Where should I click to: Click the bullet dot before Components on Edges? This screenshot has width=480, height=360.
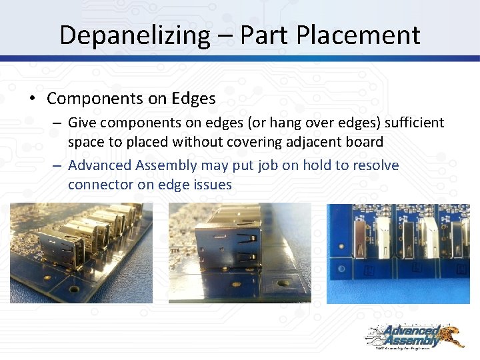pyautogui.click(x=31, y=99)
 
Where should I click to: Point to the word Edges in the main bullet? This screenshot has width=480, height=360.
pyautogui.click(x=193, y=99)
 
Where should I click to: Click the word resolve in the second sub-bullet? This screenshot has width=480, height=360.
pyautogui.click(x=375, y=165)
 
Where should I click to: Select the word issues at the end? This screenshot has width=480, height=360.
pyautogui.click(x=212, y=185)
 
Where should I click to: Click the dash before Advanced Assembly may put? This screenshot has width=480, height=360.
pyautogui.click(x=58, y=165)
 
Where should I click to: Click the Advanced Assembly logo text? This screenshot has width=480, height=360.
pyautogui.click(x=405, y=337)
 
